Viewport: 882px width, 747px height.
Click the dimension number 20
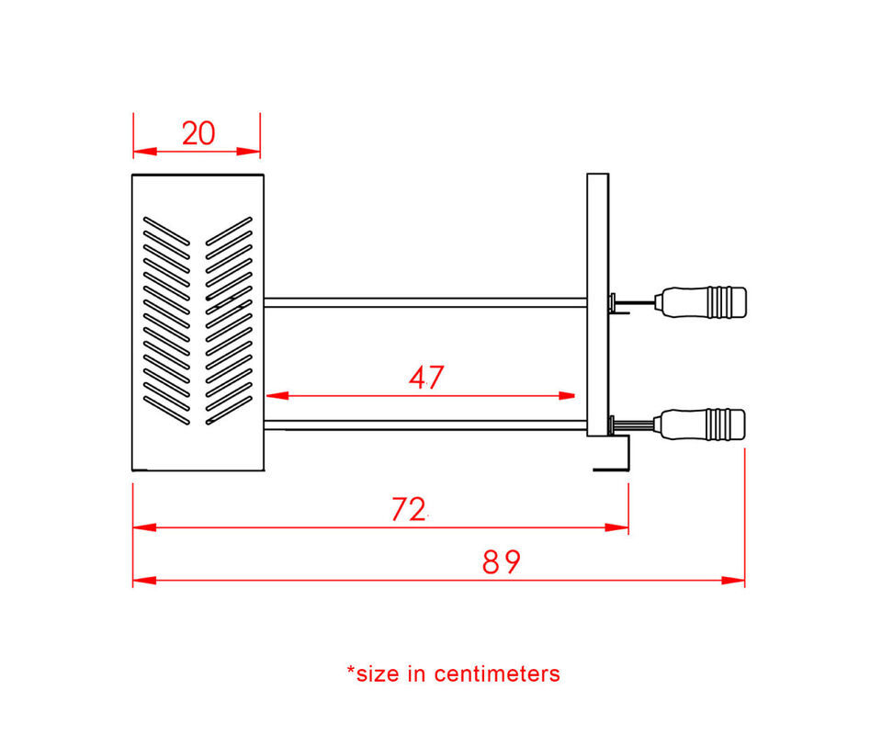pos(198,134)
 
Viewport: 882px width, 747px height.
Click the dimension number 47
pos(426,378)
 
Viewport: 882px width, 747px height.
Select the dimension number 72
pos(408,510)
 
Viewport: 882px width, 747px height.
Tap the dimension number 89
pos(502,562)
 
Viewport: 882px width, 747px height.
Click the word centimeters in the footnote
pos(497,673)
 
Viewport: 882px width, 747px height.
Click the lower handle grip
pos(703,424)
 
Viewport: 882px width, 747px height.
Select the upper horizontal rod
pos(425,302)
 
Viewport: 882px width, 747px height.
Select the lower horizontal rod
pos(425,425)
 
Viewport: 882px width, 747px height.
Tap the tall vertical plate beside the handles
pos(598,304)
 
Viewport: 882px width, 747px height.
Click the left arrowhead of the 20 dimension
pos(145,152)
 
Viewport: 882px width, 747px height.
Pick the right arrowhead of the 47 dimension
pos(567,395)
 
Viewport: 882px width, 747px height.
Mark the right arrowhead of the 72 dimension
pos(616,527)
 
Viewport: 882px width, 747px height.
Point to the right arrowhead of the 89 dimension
pos(733,580)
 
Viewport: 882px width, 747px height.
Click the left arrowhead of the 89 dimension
pos(144,580)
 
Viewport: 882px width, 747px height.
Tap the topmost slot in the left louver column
pos(166,232)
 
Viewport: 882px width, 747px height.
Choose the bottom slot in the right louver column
pos(229,410)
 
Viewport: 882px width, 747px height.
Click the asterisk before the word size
pos(351,670)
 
